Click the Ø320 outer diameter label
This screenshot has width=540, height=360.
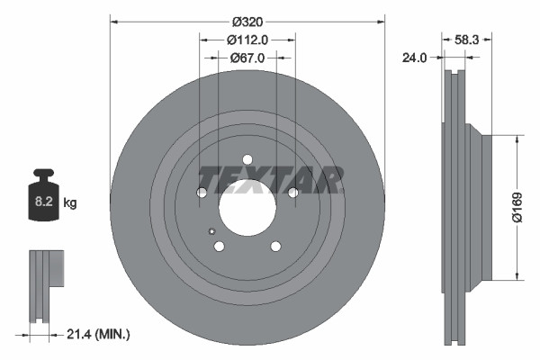click(x=247, y=20)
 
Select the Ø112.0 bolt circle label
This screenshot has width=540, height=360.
click(x=247, y=40)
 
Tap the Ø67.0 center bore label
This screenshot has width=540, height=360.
click(x=246, y=58)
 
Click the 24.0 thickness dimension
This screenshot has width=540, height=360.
click(x=413, y=58)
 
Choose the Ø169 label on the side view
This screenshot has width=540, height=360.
click(x=517, y=206)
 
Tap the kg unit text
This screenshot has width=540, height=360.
click(x=70, y=203)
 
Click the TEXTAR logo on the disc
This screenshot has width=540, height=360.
click(x=269, y=180)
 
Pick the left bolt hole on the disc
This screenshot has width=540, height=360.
click(x=202, y=192)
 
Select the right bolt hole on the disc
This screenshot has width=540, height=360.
click(x=292, y=192)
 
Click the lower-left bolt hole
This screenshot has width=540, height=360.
click(x=219, y=246)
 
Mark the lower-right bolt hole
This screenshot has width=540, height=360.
click(x=275, y=246)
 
